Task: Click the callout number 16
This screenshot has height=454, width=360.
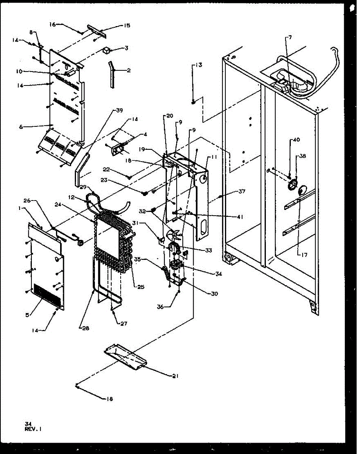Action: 52,24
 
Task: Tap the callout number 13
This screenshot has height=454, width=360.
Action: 198,65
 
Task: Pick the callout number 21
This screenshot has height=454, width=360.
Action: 175,376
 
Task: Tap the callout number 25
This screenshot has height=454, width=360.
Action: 141,287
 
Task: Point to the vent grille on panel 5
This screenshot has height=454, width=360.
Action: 47,294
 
